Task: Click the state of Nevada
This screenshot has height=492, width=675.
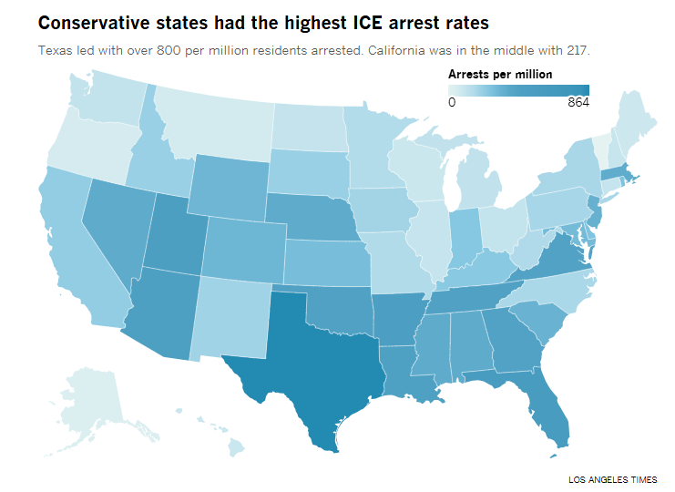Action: tap(114, 228)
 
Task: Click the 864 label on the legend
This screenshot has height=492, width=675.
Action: tap(578, 103)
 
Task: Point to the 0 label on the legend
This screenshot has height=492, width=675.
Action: tap(452, 103)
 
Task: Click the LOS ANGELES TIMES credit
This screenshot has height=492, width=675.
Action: tap(612, 479)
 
